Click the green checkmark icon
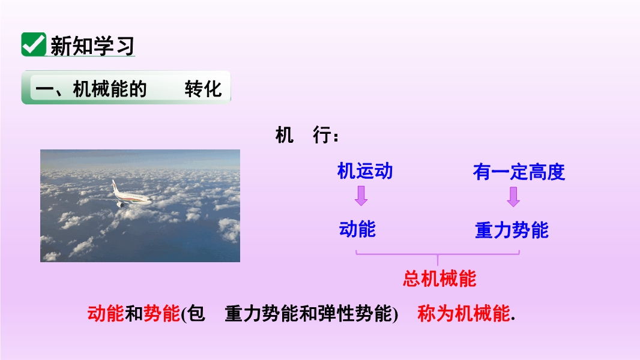pyautogui.click(x=34, y=44)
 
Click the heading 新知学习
pyautogui.click(x=92, y=46)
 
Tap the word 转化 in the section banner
pyautogui.click(x=204, y=89)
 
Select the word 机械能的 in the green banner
pyautogui.click(x=110, y=89)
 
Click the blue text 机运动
pyautogui.click(x=365, y=171)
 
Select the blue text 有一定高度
pyautogui.click(x=519, y=172)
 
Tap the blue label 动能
pyautogui.click(x=357, y=229)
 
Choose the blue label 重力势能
pyautogui.click(x=512, y=230)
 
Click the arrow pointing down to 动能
pyautogui.click(x=361, y=196)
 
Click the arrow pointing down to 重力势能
pyautogui.click(x=513, y=197)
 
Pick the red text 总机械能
pyautogui.click(x=439, y=279)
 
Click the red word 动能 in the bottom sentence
pyautogui.click(x=106, y=314)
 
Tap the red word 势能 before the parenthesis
pyautogui.click(x=162, y=314)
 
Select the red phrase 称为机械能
pyautogui.click(x=463, y=314)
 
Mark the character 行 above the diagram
pyautogui.click(x=322, y=135)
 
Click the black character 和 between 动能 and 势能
pyautogui.click(x=134, y=314)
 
